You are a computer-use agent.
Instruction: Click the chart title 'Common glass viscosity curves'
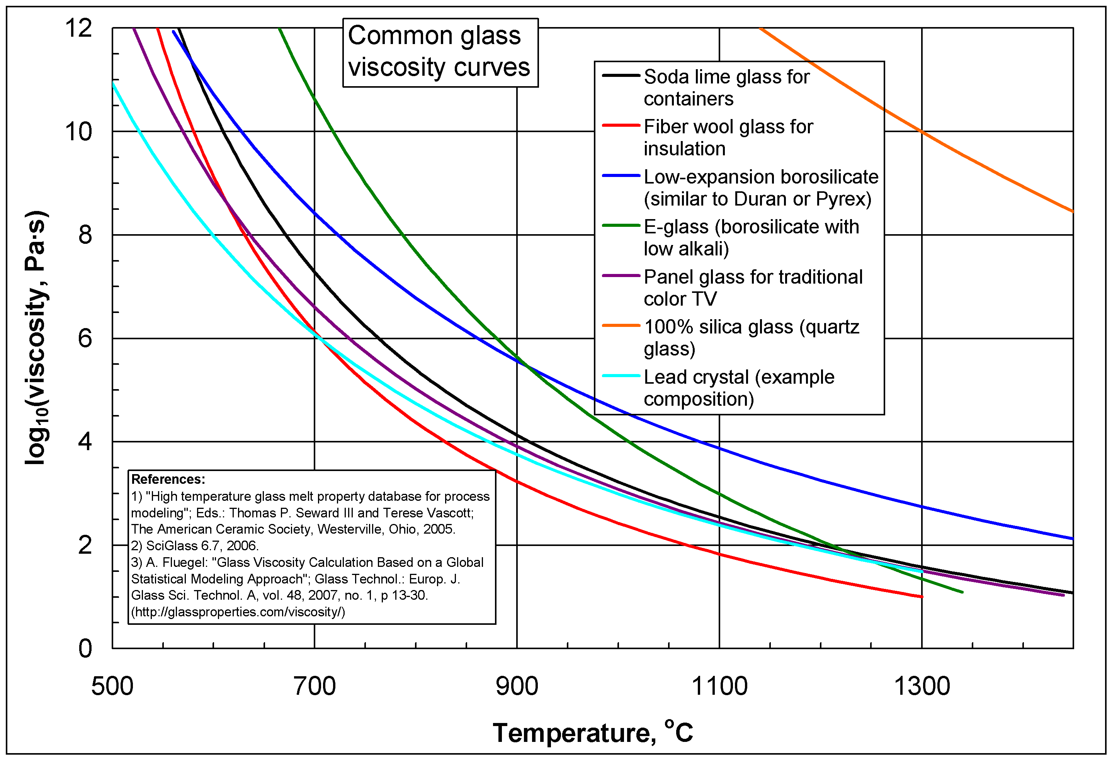440,52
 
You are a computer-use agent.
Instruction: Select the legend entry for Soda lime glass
726,87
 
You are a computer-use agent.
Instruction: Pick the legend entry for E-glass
751,237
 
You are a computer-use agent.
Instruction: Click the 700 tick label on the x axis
315,686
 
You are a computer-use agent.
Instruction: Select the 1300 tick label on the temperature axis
922,686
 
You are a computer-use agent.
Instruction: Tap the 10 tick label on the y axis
78,131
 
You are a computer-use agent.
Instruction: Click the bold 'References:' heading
168,479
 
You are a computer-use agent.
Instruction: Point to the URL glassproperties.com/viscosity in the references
238,612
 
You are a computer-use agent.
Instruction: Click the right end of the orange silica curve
1072,211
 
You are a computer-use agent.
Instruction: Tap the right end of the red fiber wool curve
922,596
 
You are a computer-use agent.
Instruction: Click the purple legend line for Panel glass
621,276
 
